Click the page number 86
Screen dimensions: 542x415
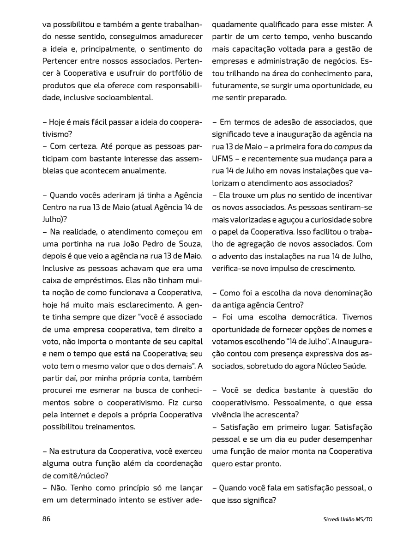[x=46, y=518]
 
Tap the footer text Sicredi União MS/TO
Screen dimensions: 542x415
[x=348, y=519]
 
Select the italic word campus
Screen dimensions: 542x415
[x=348, y=146]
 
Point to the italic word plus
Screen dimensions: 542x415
[x=277, y=195]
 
